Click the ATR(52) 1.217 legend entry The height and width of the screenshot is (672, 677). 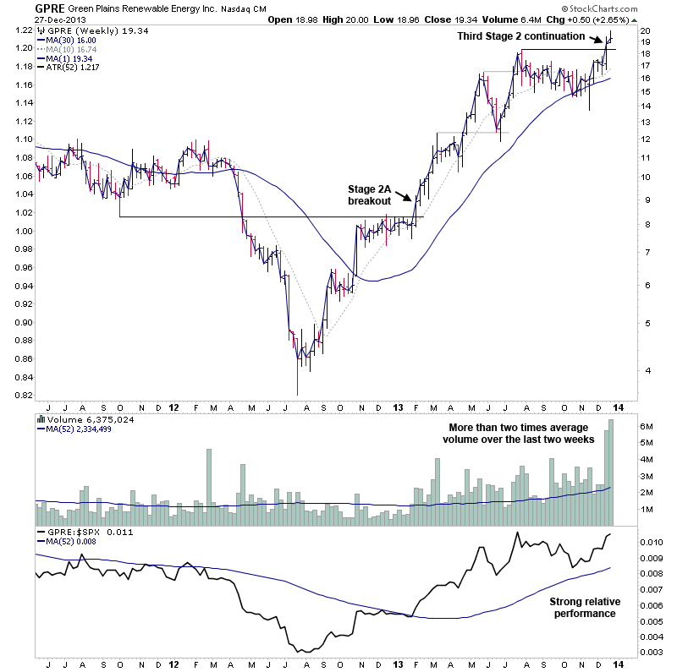[73, 68]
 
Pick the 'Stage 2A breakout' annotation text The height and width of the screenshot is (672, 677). [369, 194]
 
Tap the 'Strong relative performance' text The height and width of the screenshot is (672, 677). [585, 607]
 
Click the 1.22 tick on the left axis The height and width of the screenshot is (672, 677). [19, 30]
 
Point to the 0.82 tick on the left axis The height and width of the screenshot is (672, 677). [19, 395]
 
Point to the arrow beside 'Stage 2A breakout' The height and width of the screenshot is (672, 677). [406, 195]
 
